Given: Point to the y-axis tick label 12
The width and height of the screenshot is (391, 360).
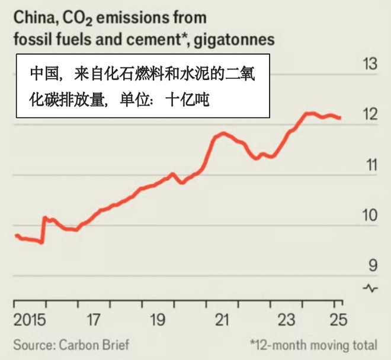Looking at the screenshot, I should click(370, 115).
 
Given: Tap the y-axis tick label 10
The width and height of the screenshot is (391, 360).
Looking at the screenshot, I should click(370, 216).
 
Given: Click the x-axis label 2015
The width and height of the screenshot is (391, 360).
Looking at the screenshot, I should click(30, 321).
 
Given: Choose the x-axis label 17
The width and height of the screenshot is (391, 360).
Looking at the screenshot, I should click(94, 321).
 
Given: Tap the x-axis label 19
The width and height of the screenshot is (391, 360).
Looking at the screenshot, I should click(157, 321).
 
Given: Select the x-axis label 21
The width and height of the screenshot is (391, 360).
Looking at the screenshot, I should click(222, 321).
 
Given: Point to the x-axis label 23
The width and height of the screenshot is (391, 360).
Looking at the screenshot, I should click(286, 321).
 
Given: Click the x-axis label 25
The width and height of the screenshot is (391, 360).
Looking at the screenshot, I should click(336, 321).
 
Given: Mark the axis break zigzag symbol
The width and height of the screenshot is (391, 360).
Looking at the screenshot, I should click(371, 288).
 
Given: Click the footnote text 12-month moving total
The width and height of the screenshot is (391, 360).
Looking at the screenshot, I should click(315, 345).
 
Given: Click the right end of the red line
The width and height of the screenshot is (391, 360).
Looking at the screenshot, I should click(340, 118).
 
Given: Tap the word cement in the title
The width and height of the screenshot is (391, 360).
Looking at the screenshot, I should click(153, 40).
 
